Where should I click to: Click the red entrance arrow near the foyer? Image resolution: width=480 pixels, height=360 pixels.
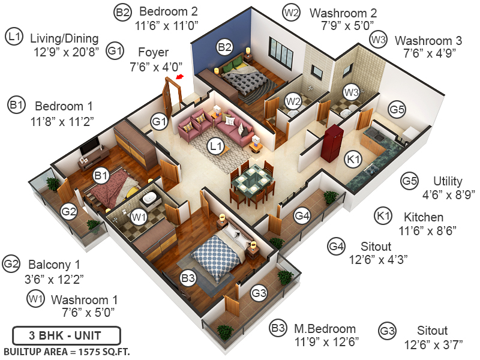click(x=179, y=77)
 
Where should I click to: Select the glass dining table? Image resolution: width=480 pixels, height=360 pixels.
click(x=251, y=179)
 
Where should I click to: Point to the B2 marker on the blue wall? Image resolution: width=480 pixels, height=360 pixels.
click(x=224, y=46)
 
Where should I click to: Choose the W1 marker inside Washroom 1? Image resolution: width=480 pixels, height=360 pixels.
click(x=139, y=216)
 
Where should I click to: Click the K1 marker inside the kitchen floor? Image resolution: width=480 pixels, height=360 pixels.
click(x=353, y=158)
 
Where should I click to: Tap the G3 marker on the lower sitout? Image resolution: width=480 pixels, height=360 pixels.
click(x=259, y=293)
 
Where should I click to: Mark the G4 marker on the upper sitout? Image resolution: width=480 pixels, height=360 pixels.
click(x=302, y=215)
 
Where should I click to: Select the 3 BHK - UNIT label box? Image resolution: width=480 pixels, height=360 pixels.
click(x=66, y=335)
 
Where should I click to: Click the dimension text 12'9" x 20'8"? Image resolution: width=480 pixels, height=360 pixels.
click(x=66, y=52)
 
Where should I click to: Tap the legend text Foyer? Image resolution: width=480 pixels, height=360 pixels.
click(x=153, y=52)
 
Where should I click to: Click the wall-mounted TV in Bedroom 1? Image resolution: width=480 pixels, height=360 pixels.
click(x=91, y=146)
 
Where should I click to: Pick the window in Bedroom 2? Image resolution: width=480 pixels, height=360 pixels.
click(x=281, y=55)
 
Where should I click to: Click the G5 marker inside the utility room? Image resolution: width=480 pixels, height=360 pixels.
click(x=397, y=110)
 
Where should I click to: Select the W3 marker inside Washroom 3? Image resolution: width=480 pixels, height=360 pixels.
click(x=351, y=92)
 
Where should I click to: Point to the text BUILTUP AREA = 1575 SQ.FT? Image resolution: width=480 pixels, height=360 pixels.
click(x=67, y=351)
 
